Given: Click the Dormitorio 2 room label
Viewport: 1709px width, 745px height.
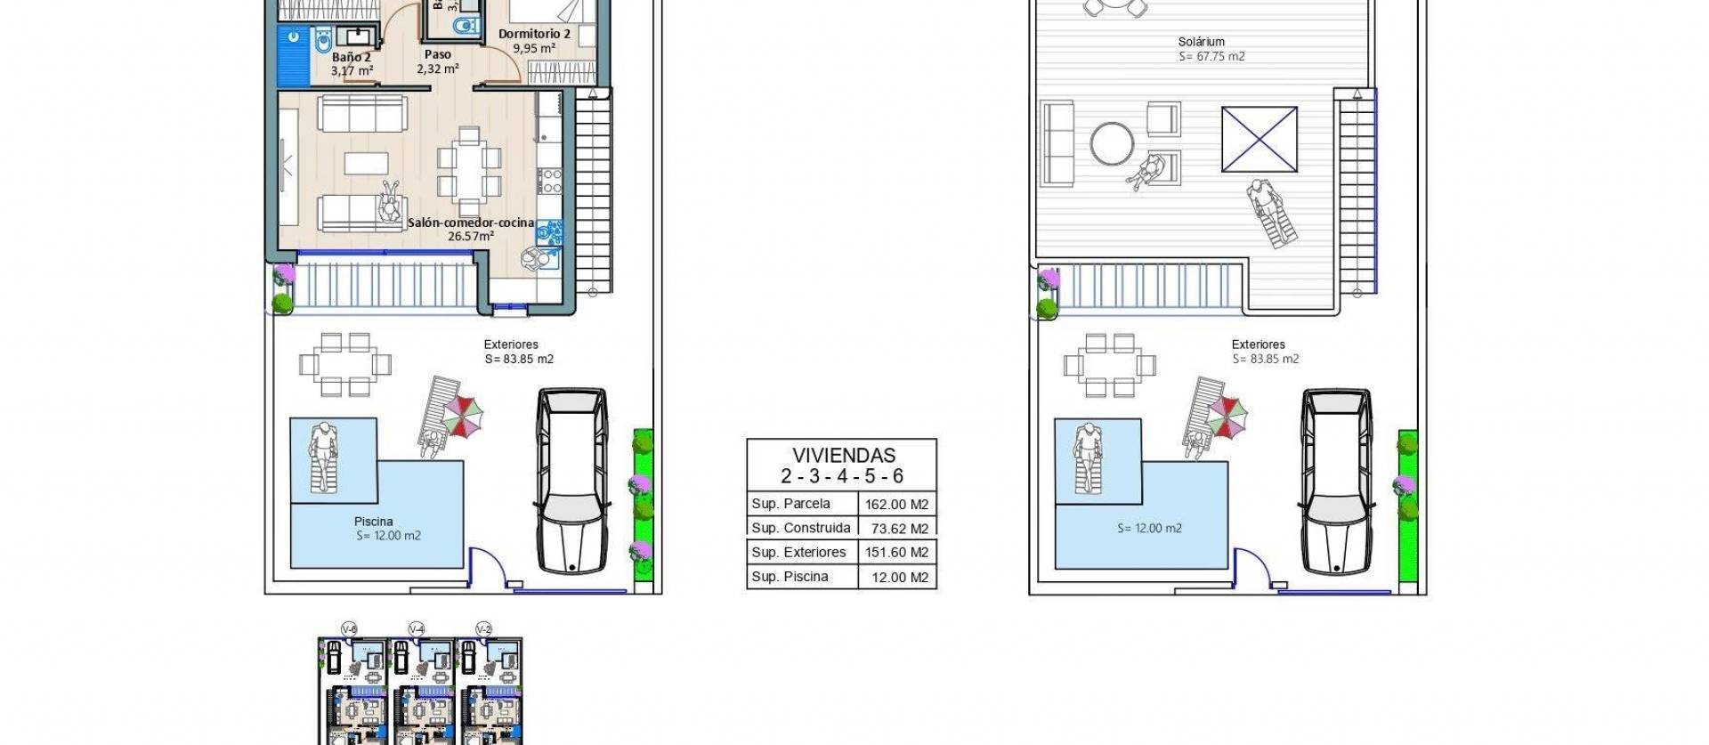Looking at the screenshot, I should coord(534,35).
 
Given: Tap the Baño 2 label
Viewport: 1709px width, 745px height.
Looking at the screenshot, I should coord(351,57).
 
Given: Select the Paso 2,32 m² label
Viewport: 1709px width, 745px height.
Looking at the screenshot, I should coord(437,61).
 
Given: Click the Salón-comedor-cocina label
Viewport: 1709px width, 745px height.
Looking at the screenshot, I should coord(471,223).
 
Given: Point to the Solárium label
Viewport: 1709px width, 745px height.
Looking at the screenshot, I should coord(1201,42).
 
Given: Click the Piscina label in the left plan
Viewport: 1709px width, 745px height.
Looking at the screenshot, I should coord(373,522).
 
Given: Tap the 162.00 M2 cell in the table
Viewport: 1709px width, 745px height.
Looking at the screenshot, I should coord(896,504).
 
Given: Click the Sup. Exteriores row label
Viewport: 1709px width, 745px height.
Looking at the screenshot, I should coord(798,552).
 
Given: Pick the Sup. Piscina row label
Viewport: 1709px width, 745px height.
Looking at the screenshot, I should coord(790,577).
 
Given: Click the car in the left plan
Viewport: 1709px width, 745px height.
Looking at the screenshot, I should coord(572,481).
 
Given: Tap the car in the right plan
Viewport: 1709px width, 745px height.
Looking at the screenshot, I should coord(1336,481).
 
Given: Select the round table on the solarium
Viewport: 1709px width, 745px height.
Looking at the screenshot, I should coord(1113,143).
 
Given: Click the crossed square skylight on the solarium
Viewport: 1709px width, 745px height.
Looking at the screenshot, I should coord(1259,139).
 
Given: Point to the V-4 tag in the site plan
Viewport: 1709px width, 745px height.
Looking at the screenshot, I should coord(416,629).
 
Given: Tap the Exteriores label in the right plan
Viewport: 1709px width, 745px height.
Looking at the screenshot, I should coord(1258,344).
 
